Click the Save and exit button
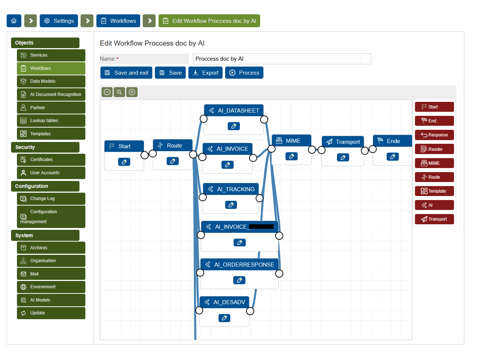tap(126, 73)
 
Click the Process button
tap(244, 73)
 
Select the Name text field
tap(281, 59)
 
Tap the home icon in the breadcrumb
tap(14, 21)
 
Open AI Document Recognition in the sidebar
tap(51, 95)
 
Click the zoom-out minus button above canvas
tap(107, 92)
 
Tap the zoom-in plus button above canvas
tap(132, 92)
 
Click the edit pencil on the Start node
tap(124, 162)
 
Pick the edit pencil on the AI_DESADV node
tap(224, 318)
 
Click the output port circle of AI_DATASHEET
tap(264, 120)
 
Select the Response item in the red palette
tap(434, 135)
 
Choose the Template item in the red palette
tap(434, 191)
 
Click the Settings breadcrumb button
tap(59, 21)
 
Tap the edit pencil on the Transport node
tap(343, 157)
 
